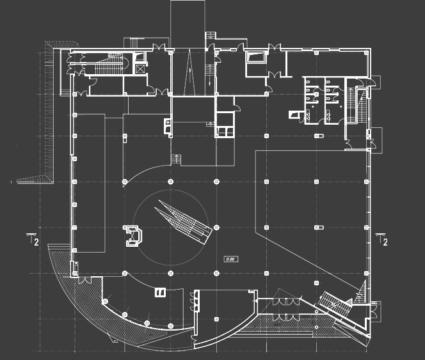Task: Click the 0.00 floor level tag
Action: pos(231,259)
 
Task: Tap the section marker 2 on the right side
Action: pos(384,240)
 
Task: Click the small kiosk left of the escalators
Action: pos(135,235)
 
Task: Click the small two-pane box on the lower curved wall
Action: pos(160,292)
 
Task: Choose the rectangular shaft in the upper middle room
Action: pos(255,57)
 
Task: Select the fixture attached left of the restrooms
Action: pos(294,114)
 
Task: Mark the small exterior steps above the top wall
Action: pos(210,36)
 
